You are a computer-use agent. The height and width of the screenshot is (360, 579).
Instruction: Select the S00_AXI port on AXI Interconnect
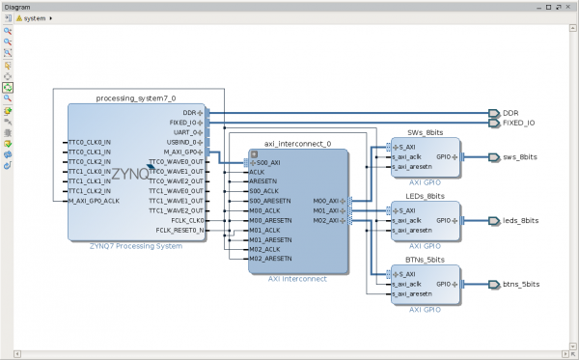coord(267,162)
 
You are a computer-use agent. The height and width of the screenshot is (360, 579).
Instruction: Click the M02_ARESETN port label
coord(270,259)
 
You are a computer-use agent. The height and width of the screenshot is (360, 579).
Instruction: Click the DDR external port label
coord(510,113)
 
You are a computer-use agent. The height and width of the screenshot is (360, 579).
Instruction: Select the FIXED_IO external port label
coord(518,124)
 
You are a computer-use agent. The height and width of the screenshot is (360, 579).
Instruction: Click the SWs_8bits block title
coord(426,131)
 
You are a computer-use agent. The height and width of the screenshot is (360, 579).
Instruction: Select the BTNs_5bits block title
coord(426,259)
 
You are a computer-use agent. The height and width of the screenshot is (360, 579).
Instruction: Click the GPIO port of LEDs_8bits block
coord(445,220)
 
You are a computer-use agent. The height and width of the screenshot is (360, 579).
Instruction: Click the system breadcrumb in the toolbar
coord(36,18)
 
